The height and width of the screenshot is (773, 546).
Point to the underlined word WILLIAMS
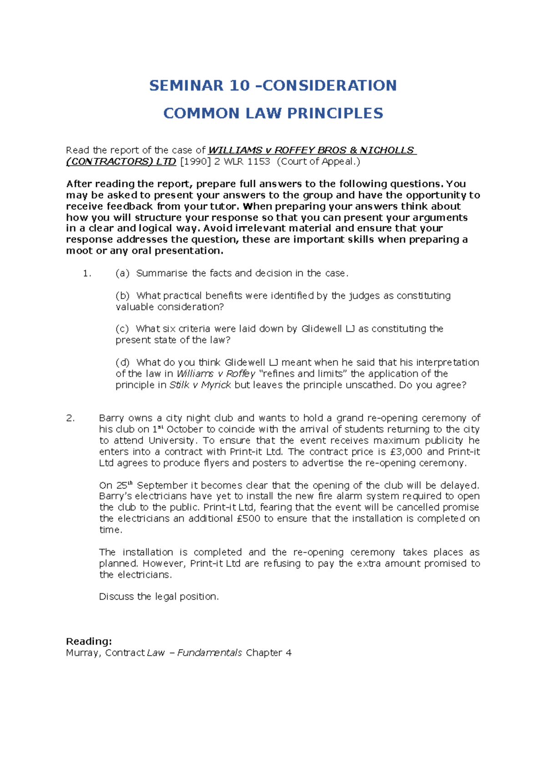pos(235,150)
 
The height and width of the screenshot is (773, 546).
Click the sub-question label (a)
pos(122,274)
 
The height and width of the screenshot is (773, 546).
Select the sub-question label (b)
pos(122,296)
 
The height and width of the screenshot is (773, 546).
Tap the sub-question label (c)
pos(122,329)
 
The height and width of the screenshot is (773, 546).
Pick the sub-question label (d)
pos(122,363)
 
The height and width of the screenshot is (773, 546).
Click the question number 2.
pos(70,418)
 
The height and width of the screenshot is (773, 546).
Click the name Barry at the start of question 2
pos(111,418)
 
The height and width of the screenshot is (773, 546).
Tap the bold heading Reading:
pos(89,641)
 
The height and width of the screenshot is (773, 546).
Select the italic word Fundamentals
pos(209,653)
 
